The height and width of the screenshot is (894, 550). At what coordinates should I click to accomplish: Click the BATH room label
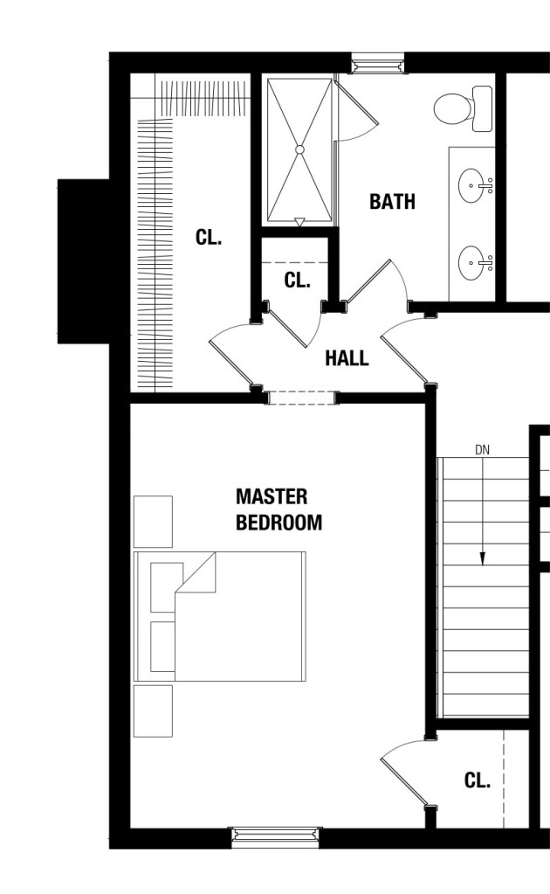point(392,201)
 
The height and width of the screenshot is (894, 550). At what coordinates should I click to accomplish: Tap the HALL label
point(347,358)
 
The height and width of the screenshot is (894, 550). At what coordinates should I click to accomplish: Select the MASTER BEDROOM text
point(279,509)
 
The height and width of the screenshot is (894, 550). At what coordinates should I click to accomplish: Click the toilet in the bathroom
point(464,108)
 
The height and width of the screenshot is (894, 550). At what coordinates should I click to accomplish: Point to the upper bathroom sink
point(476,185)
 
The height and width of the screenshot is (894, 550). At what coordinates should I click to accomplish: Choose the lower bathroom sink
point(476,263)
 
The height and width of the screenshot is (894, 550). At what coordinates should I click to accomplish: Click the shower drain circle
point(300,150)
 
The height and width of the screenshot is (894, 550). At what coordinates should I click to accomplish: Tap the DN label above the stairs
point(482,450)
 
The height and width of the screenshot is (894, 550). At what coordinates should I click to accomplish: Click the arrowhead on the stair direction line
point(482,558)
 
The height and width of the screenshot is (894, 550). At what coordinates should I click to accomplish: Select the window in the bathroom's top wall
point(377,63)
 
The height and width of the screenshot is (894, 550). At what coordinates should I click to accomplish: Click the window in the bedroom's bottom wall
point(276,837)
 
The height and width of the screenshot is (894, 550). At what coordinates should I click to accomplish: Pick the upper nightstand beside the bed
point(153,522)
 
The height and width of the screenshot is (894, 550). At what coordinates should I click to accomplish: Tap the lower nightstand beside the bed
point(153,711)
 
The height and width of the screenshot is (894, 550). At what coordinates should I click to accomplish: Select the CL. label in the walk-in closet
point(209,237)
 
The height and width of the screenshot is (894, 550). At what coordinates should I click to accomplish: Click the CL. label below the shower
point(297,280)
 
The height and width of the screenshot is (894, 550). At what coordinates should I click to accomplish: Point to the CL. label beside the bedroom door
point(478,780)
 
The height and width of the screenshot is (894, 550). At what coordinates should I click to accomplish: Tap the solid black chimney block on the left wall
point(84,261)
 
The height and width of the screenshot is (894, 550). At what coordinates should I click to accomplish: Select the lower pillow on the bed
point(163,647)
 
